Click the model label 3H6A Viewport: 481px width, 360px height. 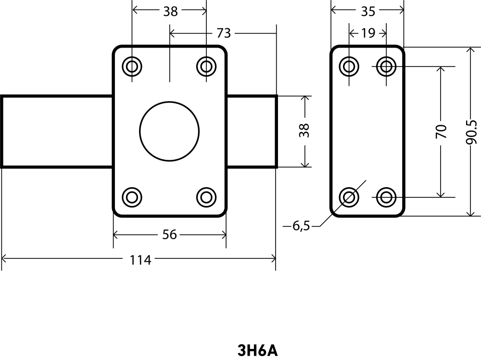258,350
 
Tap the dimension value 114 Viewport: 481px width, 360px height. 140,260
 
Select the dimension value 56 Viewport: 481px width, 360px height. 169,234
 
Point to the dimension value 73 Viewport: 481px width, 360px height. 224,33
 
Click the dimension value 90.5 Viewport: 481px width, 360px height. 472,132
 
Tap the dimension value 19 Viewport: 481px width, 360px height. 367,33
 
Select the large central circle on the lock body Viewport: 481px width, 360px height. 169,131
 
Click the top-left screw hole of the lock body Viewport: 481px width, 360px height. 132,66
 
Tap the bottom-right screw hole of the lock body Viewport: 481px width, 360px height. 206,196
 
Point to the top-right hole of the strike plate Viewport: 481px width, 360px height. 386,66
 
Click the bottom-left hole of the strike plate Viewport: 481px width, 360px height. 349,196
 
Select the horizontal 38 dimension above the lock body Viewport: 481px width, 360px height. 170,11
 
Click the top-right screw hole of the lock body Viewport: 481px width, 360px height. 206,66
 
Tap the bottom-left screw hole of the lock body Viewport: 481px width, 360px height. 132,196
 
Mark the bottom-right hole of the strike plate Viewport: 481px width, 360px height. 386,196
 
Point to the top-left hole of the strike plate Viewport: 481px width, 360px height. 349,66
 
